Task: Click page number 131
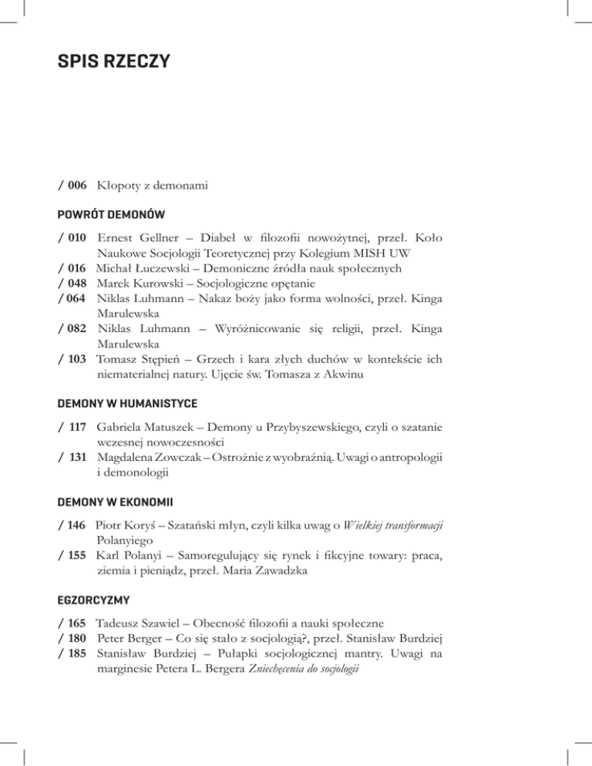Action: click(x=75, y=455)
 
